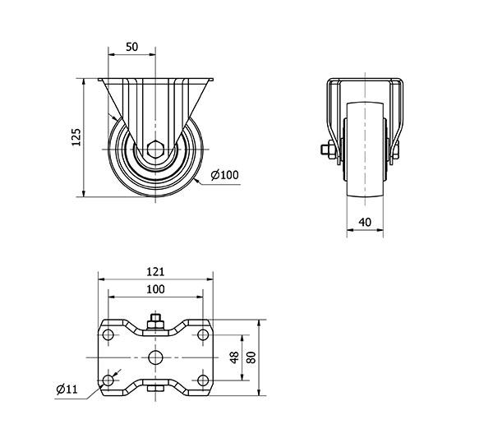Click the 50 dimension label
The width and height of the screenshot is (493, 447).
tap(131, 47)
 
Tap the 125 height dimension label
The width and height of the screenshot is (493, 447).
tap(76, 137)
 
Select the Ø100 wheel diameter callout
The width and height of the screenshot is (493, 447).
tap(225, 175)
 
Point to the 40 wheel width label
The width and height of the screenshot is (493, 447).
tap(365, 222)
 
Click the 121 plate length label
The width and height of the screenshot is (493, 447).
tap(155, 272)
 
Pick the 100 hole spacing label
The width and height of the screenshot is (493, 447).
tap(155, 289)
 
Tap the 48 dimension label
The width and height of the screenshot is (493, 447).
tap(234, 357)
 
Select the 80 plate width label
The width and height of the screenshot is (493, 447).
tap(251, 357)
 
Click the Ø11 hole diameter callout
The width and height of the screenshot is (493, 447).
tap(67, 389)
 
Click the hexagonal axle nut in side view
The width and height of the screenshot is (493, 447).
tap(155, 150)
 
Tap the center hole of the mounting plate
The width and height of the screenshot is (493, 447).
tap(155, 357)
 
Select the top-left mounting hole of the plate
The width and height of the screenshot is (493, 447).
tap(108, 334)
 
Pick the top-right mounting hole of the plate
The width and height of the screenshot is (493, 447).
tap(203, 334)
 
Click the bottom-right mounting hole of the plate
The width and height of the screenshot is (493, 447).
tap(203, 380)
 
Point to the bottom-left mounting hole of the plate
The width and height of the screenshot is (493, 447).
tap(108, 380)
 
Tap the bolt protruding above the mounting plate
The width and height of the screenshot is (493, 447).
tap(155, 321)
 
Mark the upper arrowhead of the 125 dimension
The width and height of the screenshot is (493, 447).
tap(84, 82)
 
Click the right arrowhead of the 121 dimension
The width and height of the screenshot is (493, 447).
tap(210, 279)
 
